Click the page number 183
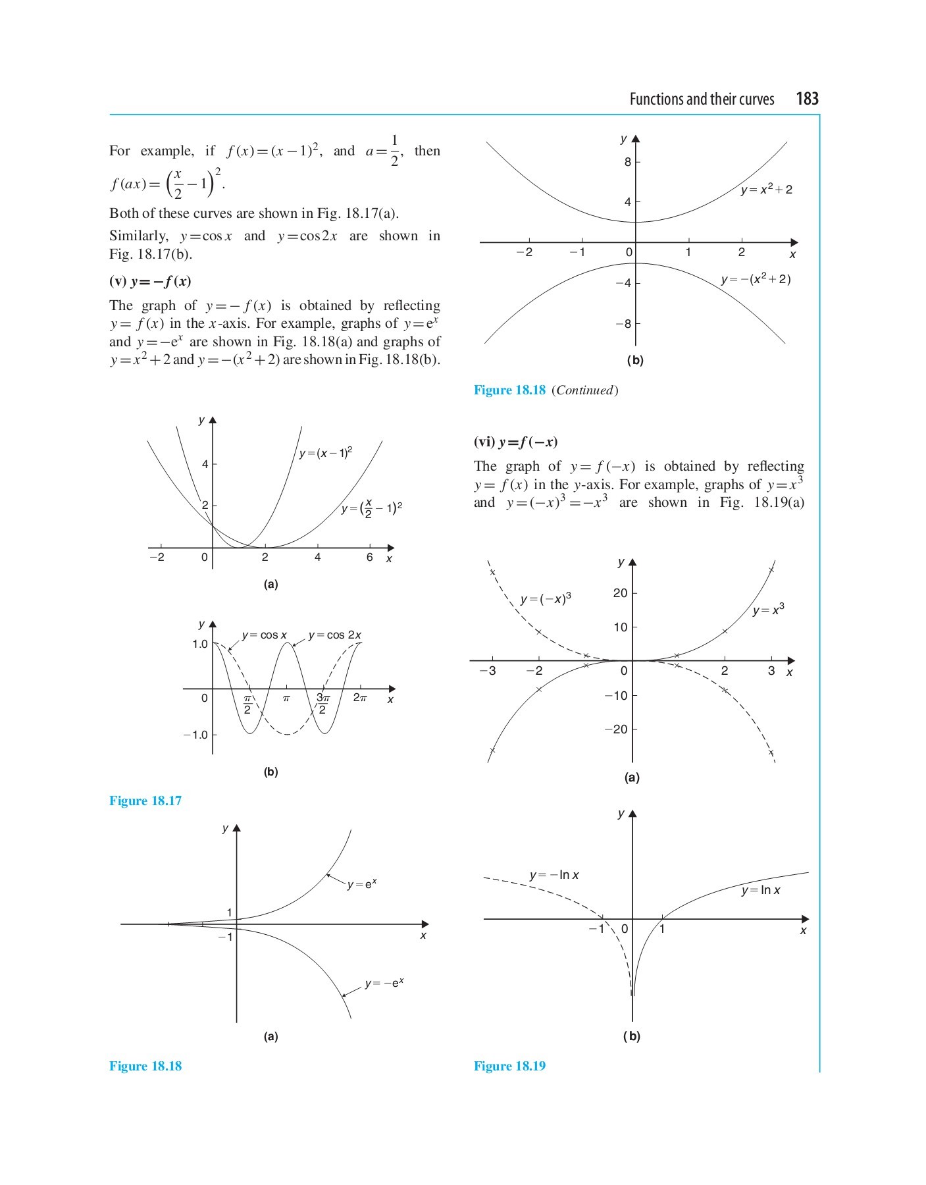point(807,99)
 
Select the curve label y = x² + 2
point(766,190)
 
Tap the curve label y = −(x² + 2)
point(756,279)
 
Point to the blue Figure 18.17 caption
point(145,801)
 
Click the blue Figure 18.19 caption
point(509,1066)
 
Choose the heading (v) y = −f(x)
point(150,282)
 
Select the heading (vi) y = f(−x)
point(515,442)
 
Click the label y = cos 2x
point(335,635)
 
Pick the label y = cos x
point(264,635)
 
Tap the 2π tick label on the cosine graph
point(360,698)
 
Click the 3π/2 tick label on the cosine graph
point(322,703)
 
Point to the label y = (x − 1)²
point(326,453)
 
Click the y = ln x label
point(761,890)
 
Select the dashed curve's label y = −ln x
point(554,875)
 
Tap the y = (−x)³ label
point(546,598)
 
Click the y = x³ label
point(769,610)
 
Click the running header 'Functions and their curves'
point(702,99)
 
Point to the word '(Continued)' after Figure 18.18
point(585,390)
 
